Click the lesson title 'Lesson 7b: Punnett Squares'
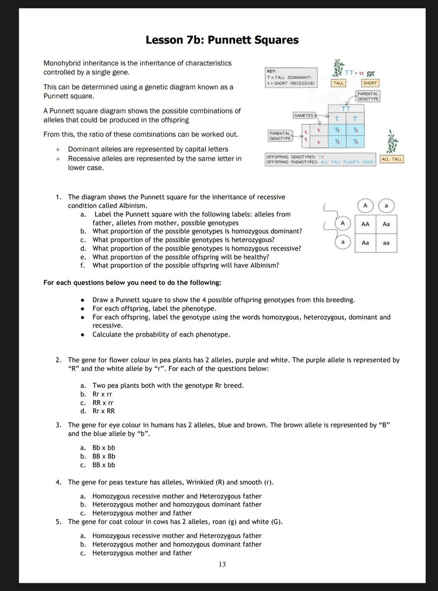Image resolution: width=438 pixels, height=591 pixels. [x=222, y=40]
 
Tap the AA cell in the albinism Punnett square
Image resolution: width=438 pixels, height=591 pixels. [x=365, y=224]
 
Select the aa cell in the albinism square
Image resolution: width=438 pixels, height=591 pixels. [x=386, y=243]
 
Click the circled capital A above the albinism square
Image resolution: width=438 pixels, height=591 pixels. [x=365, y=204]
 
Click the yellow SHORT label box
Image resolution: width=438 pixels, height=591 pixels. [x=371, y=83]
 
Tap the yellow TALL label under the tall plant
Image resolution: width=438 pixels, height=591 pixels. [x=338, y=83]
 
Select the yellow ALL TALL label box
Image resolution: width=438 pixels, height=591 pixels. [x=392, y=159]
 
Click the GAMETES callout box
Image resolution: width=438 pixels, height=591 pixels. [x=304, y=115]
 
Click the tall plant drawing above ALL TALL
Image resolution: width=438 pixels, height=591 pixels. [x=392, y=142]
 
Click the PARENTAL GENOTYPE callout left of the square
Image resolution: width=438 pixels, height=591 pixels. [x=279, y=135]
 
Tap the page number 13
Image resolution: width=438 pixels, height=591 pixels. [x=222, y=564]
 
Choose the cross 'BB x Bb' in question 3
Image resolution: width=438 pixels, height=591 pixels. [x=103, y=456]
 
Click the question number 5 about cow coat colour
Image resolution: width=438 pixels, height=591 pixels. [x=58, y=522]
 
